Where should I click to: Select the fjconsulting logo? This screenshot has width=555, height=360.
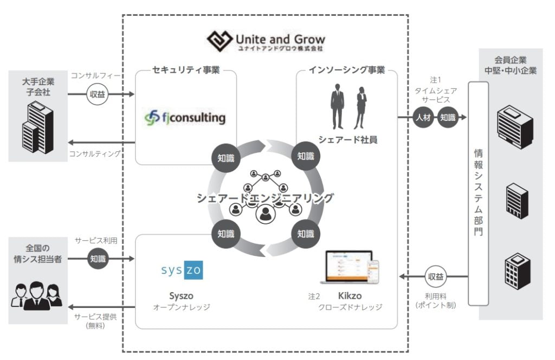(x=185, y=117)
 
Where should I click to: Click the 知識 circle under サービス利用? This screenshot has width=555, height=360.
(x=98, y=259)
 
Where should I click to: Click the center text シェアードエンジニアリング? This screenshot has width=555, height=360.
(x=265, y=198)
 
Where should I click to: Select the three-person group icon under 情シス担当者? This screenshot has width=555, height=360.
(x=37, y=295)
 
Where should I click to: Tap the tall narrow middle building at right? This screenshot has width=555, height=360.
(x=515, y=201)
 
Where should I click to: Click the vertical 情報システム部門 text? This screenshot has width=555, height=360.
(x=479, y=193)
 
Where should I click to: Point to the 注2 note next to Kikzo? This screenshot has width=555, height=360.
(x=314, y=297)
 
